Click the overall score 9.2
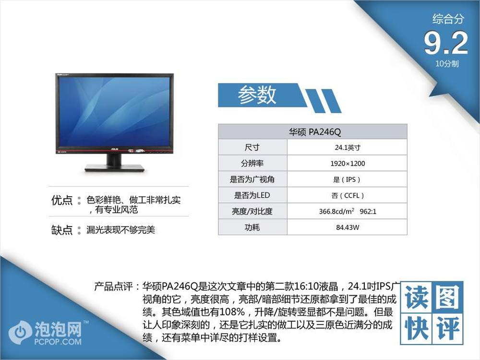[446, 43]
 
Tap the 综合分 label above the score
[448, 19]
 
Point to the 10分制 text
[447, 64]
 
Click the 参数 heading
[257, 95]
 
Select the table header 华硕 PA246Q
[315, 132]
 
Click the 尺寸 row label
[252, 147]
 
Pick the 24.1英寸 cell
[348, 147]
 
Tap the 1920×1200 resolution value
[348, 164]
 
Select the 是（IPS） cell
[347, 180]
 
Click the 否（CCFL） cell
[348, 195]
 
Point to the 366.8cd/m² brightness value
[336, 211]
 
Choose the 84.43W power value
[348, 228]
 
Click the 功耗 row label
[252, 227]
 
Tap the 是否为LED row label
[252, 195]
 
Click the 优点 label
[62, 200]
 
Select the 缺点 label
[62, 229]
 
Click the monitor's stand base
[115, 168]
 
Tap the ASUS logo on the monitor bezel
[114, 149]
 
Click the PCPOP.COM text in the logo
[58, 341]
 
